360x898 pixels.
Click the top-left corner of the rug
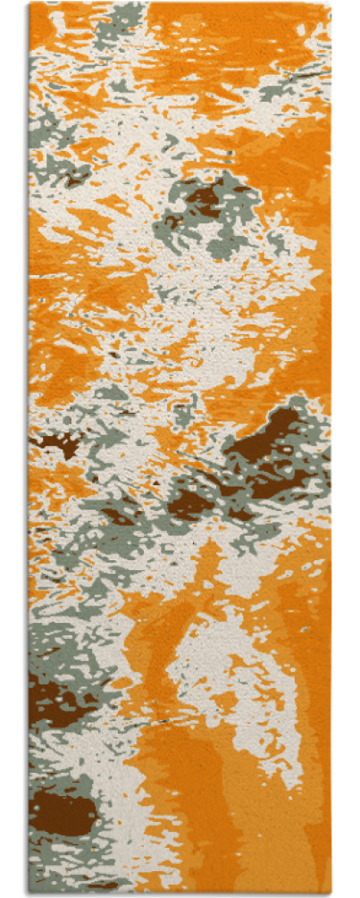29,4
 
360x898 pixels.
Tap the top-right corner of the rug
331,4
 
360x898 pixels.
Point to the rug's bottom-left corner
29,894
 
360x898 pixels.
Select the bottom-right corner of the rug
331,894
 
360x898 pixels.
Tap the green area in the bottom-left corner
45,858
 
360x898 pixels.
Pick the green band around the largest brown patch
295,465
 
